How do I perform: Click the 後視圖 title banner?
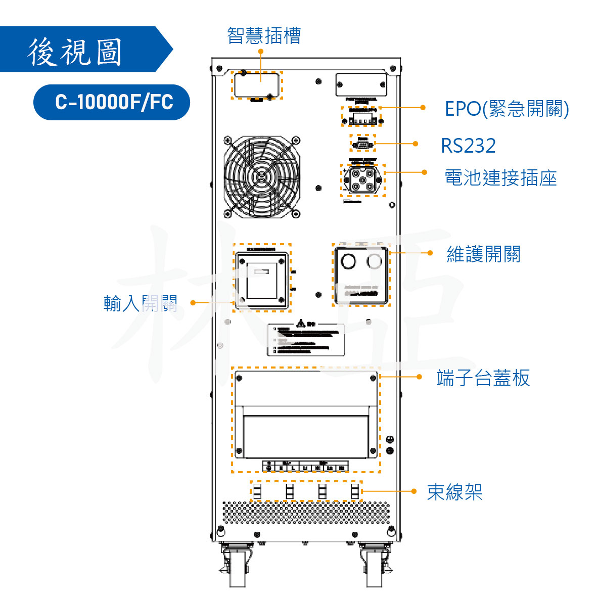pos(76,51)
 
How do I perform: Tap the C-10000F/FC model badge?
pos(112,102)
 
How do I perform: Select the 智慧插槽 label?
pos(264,35)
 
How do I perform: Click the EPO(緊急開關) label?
pos(507,109)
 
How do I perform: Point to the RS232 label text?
pos(468,146)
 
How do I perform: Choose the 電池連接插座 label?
pos(500,178)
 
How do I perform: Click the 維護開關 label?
pos(483,254)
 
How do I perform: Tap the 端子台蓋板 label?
pos(483,378)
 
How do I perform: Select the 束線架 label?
pos(454,492)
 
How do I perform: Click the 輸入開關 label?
pos(140,303)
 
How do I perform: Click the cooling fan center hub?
pos(262,176)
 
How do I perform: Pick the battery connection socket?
pos(362,180)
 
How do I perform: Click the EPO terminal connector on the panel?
pos(362,118)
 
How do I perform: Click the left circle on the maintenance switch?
pos(348,261)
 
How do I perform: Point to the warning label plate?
pos(306,339)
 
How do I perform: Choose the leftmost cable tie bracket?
pos(257,491)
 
